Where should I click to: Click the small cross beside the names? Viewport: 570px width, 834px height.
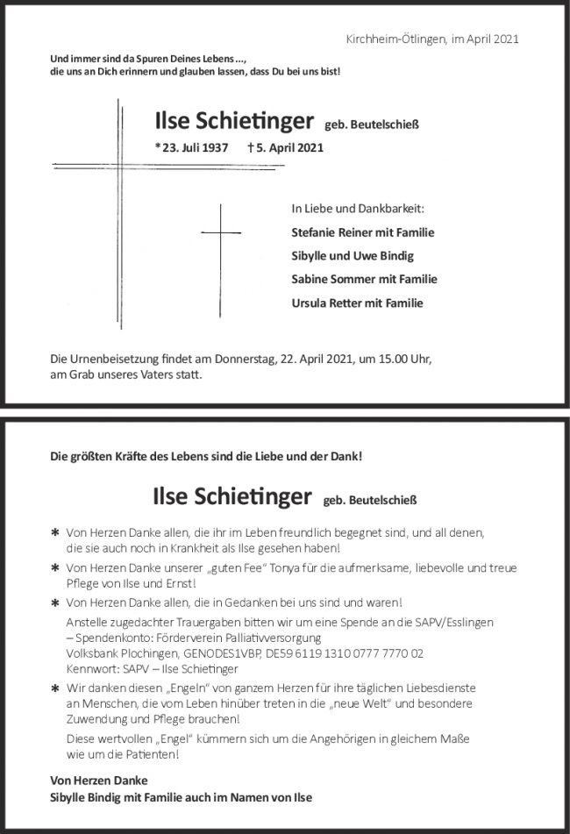(221, 232)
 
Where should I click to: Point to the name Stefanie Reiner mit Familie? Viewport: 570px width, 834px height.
(362, 232)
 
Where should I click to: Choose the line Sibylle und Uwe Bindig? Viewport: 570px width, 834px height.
(352, 256)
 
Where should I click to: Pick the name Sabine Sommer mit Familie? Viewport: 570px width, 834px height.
(364, 280)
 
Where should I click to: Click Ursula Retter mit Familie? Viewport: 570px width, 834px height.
(357, 303)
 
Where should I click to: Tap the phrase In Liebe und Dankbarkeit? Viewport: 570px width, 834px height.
(357, 209)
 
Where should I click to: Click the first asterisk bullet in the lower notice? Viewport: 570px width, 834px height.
(55, 533)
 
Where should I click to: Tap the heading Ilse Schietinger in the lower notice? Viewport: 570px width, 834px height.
(232, 497)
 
